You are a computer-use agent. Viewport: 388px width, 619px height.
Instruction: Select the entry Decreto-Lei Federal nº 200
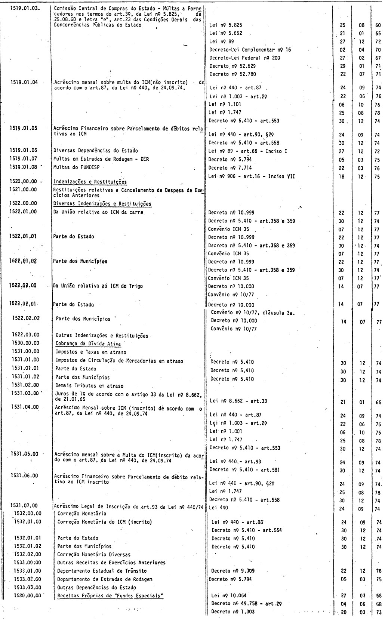tap(245, 58)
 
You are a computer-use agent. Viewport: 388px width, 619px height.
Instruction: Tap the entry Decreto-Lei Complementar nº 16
tap(247, 49)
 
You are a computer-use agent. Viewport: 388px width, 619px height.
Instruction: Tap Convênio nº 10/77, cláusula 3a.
tap(253, 312)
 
